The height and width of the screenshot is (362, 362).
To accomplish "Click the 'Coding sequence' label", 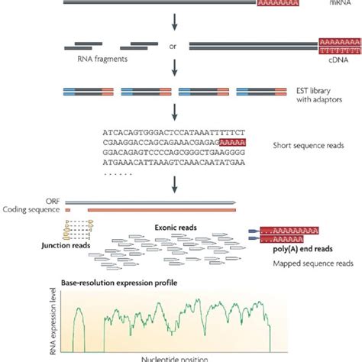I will tap(31, 210).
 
